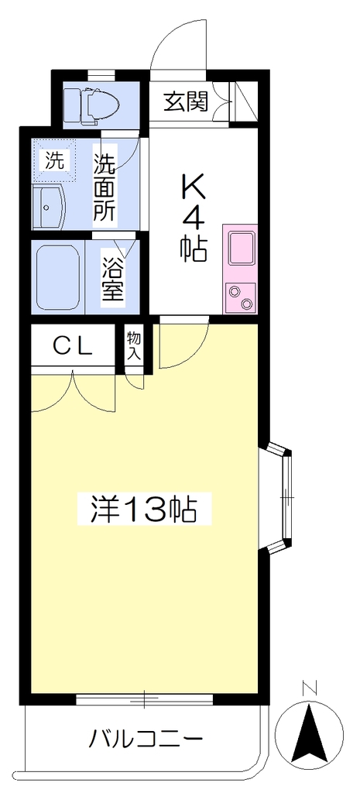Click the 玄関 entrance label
pyautogui.click(x=186, y=103)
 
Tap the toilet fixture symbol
pyautogui.click(x=92, y=105)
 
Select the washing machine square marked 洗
pyautogui.click(x=55, y=161)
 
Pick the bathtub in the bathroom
pyautogui.click(x=57, y=276)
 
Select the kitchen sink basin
pyautogui.click(x=242, y=249)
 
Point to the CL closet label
pyautogui.click(x=74, y=347)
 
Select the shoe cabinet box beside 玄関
pyautogui.click(x=245, y=102)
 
